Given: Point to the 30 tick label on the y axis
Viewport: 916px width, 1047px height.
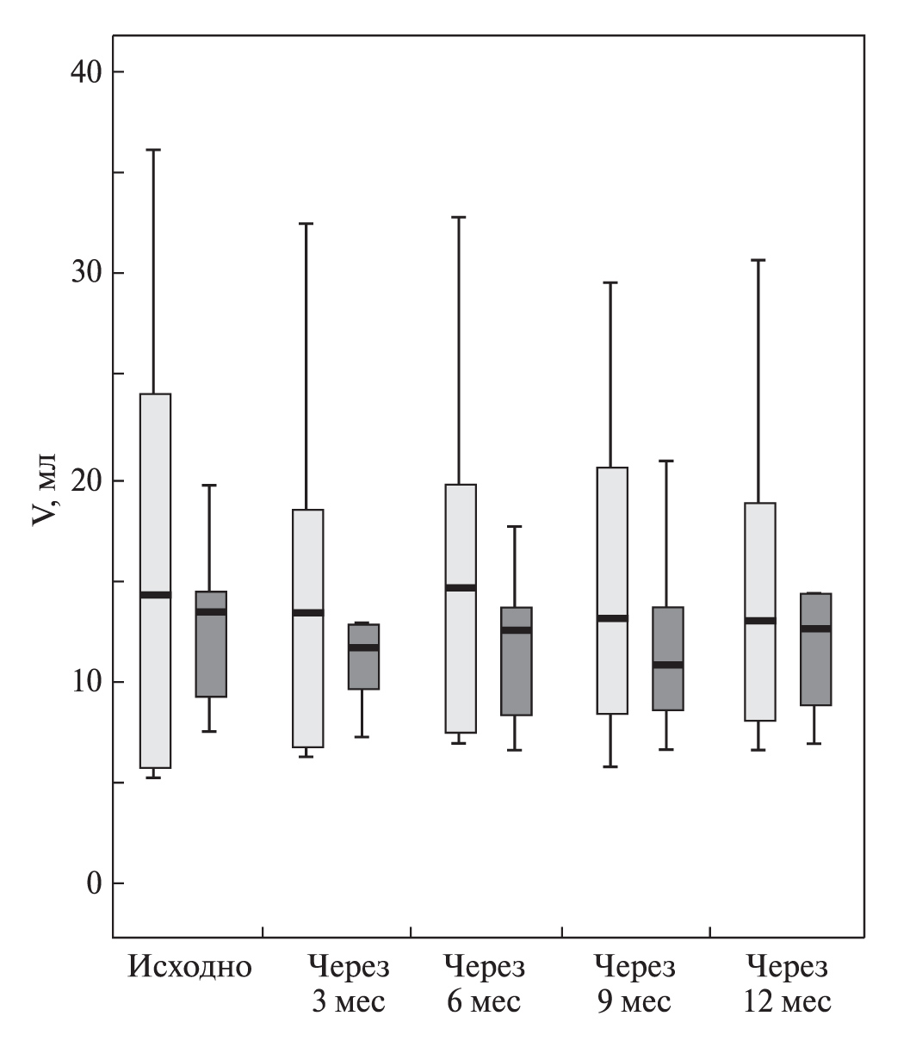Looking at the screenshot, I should [85, 273].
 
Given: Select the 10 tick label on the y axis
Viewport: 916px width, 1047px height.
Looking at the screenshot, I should [85, 682].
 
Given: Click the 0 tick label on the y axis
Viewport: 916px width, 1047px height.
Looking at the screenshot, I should [94, 883].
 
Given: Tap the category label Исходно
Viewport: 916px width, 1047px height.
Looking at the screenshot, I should [190, 967].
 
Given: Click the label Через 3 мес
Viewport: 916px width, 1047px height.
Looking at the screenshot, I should [349, 984].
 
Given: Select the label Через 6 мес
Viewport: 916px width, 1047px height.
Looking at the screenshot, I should [485, 984].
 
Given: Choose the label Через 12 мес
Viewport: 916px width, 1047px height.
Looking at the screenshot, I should [788, 984].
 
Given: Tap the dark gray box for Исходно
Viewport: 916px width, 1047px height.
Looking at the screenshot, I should [211, 654].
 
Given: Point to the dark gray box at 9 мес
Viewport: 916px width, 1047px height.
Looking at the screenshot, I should [667, 689].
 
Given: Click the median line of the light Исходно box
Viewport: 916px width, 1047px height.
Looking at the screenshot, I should [156, 594].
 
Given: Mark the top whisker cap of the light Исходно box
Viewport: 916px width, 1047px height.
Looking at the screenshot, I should [156, 150].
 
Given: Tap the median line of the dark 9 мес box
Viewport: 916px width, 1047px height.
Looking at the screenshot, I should [667, 665].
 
